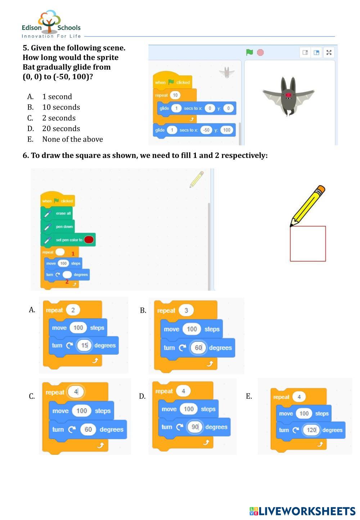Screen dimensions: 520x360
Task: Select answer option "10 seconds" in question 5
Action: click(x=61, y=107)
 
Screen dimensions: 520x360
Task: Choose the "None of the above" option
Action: click(x=72, y=139)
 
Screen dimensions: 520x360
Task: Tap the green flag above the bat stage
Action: click(x=249, y=53)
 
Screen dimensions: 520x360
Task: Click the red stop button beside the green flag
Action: click(x=260, y=53)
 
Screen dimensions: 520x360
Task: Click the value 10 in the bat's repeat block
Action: click(x=175, y=95)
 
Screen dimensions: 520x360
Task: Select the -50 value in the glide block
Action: click(x=206, y=130)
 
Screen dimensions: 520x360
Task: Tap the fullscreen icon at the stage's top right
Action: click(x=329, y=53)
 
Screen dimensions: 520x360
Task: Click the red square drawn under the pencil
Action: click(x=308, y=244)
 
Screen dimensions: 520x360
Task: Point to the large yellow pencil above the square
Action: click(x=307, y=206)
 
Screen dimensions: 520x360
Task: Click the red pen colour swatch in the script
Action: click(x=89, y=240)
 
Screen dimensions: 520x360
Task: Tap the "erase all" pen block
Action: click(x=63, y=214)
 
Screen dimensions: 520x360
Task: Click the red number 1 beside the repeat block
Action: click(x=73, y=254)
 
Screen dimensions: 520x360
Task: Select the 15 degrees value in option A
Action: click(x=84, y=346)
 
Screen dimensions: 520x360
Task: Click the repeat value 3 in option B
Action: click(x=186, y=310)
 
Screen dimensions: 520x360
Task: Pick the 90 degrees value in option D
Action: click(x=195, y=427)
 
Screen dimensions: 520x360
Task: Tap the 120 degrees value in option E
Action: click(x=311, y=430)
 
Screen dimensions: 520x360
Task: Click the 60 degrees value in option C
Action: click(x=88, y=430)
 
